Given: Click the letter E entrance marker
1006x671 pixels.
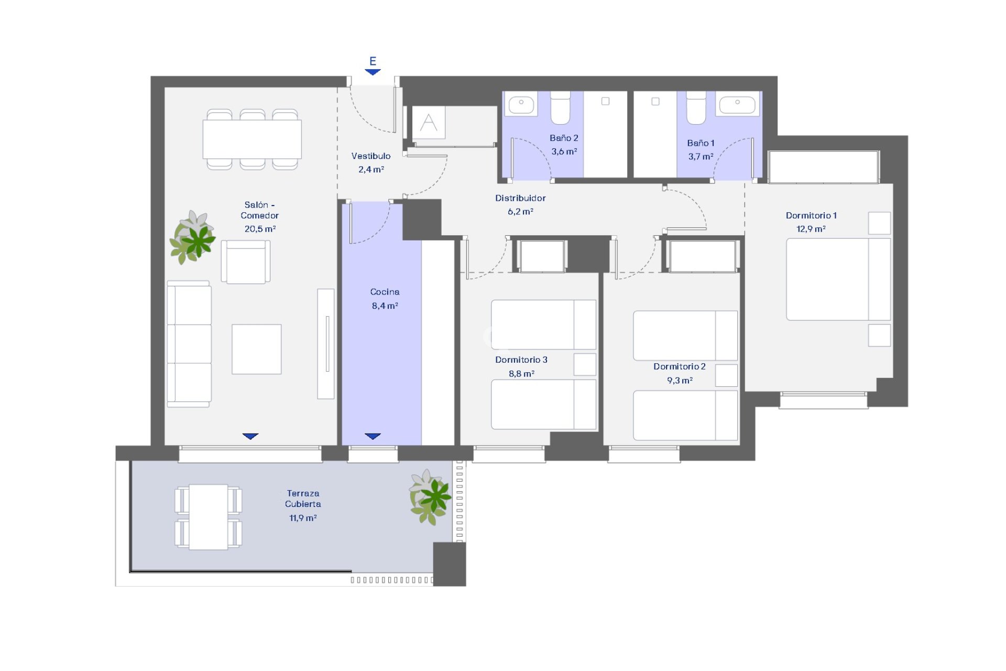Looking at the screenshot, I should pos(373,61).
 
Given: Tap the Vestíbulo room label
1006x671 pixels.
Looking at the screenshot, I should pos(370,156).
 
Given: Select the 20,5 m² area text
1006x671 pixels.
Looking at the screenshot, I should pos(260,229).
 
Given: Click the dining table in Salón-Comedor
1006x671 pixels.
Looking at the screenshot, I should pos(252,139).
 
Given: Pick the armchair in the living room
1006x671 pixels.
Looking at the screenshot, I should pos(245,262).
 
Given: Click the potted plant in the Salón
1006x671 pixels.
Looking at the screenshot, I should pos(193,238).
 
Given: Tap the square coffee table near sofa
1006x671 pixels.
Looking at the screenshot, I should pos(256,349).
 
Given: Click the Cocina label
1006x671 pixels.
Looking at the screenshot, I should pos(385,292).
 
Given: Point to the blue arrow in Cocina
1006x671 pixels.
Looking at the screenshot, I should pos(373,436).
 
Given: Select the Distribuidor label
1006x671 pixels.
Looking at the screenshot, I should pos(520,198).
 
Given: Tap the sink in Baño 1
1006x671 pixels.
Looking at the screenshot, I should pos(737,104).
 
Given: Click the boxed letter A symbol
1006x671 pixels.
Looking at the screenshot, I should pos(429,123).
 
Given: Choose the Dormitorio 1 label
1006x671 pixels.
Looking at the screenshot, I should pos(811,215).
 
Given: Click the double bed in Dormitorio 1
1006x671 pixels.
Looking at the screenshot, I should pos(837,279).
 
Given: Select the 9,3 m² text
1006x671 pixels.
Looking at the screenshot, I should pos(680,381).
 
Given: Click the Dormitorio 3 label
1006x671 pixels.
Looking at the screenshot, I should pos(521,360).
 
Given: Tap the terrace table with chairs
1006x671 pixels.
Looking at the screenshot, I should pos(208,517).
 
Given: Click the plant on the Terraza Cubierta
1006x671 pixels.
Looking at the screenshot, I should pos(430,497).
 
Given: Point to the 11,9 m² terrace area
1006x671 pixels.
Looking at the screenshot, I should pos(303,518).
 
